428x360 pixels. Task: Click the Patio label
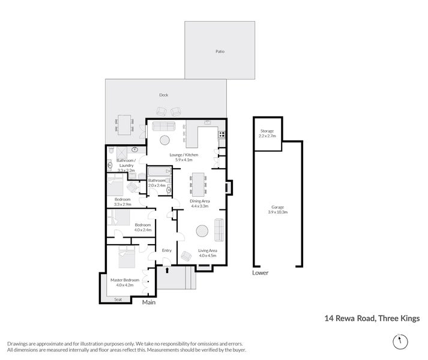coord(220,52)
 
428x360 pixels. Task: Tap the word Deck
coord(164,95)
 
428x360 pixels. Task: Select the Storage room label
coord(267,130)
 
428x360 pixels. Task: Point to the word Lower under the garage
coord(261,272)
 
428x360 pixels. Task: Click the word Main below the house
coord(149,302)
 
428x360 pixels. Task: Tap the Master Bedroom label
coord(125,280)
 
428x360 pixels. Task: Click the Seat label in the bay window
coord(118,298)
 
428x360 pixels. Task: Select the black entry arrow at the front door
coord(167,270)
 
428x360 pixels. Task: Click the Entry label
coord(167,250)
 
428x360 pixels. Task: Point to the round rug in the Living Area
coord(202,231)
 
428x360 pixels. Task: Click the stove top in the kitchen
coord(222,134)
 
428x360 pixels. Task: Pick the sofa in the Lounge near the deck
coord(163,126)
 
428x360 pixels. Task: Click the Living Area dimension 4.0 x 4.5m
coord(207,256)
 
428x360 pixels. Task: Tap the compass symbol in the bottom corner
coord(398,341)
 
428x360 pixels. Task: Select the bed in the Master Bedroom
coord(127,257)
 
